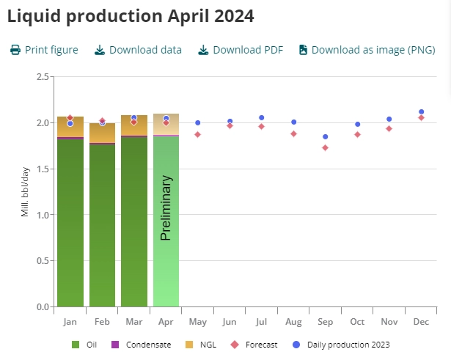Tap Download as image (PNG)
(x=366, y=50)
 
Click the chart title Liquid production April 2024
(x=131, y=16)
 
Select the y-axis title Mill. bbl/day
(x=24, y=192)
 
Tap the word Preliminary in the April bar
(x=166, y=207)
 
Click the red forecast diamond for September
(x=325, y=147)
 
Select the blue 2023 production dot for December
(x=421, y=112)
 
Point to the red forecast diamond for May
(x=197, y=134)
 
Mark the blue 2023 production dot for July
(x=261, y=117)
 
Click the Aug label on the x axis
(x=293, y=322)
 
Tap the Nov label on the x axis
(x=389, y=322)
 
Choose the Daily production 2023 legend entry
(x=345, y=345)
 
